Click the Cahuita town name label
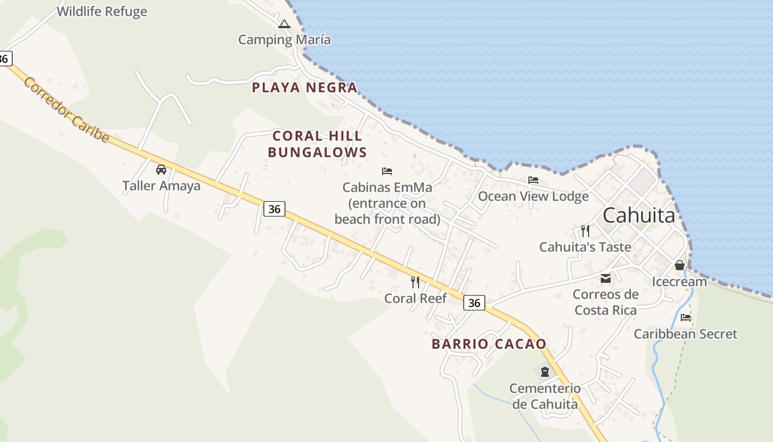click(639, 215)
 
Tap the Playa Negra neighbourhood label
click(305, 87)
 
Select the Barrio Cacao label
click(489, 344)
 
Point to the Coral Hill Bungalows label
click(317, 144)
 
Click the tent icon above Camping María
click(284, 24)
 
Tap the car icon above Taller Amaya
click(161, 169)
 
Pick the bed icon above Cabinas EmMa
click(387, 171)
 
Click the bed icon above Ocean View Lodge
click(533, 180)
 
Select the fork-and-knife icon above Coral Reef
click(415, 282)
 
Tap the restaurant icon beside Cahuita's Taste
click(585, 231)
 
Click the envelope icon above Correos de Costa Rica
click(606, 278)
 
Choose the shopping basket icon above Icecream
click(680, 265)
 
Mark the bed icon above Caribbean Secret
click(686, 318)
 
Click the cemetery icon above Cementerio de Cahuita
click(545, 372)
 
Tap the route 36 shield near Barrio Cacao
click(474, 303)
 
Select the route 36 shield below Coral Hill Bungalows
click(274, 208)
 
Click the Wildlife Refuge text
click(102, 12)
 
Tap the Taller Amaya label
click(161, 186)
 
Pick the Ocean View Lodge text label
click(533, 196)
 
